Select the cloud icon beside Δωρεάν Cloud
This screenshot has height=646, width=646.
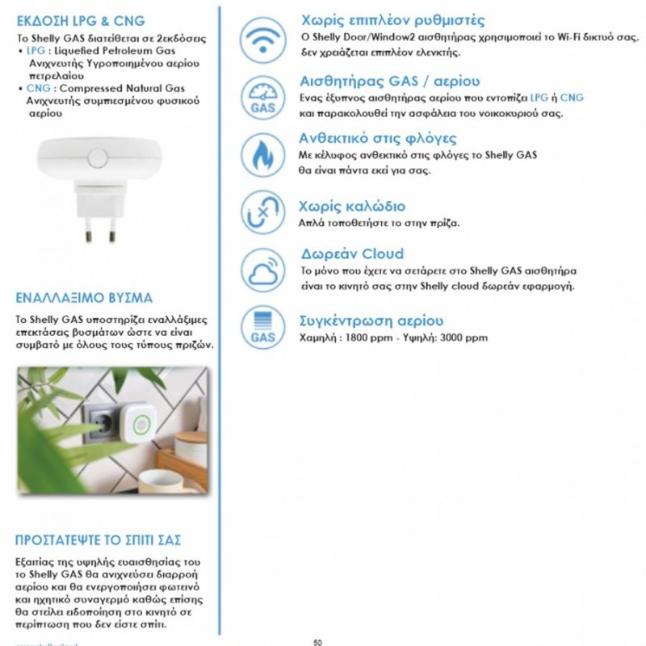click(263, 271)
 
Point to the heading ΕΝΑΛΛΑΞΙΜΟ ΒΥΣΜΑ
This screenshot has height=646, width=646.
click(84, 297)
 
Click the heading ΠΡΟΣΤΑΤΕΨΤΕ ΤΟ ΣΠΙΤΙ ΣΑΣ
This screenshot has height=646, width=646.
click(98, 539)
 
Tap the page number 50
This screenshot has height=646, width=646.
click(317, 642)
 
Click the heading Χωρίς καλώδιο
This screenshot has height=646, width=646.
click(352, 206)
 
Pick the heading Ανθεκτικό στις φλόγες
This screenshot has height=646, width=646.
click(378, 138)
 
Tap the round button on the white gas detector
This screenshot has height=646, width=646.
click(98, 157)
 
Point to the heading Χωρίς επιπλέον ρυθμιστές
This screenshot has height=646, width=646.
click(392, 20)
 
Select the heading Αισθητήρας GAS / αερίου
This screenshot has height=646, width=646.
click(389, 82)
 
